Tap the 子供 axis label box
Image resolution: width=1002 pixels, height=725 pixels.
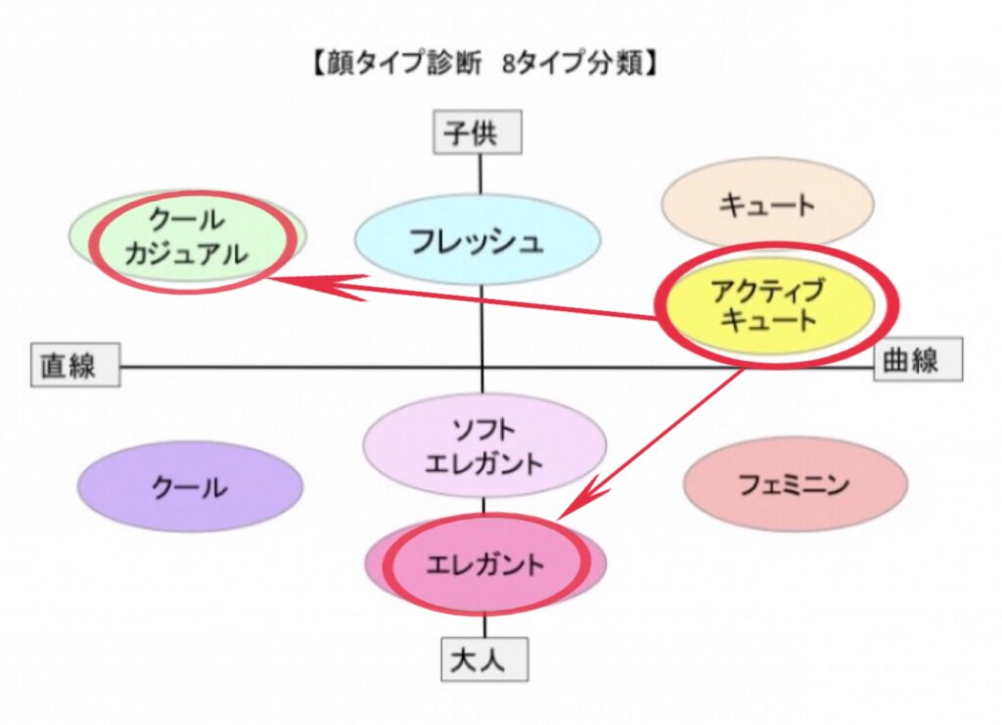tap(478, 133)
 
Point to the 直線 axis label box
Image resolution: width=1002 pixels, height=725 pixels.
tap(74, 365)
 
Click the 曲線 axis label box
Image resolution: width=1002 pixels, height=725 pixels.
tap(918, 359)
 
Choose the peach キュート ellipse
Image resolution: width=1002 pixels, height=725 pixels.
tap(766, 204)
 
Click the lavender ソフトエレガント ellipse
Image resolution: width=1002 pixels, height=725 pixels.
tap(483, 444)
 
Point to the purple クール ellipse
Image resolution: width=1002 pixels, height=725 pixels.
tap(190, 486)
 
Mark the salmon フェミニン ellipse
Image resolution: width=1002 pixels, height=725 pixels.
tap(795, 483)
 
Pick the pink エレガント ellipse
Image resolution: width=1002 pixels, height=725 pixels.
tap(485, 565)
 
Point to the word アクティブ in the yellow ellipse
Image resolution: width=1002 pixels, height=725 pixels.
tap(768, 290)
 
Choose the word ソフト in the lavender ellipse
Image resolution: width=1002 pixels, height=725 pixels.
tap(483, 429)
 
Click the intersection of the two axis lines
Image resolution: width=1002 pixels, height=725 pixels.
tap(481, 367)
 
